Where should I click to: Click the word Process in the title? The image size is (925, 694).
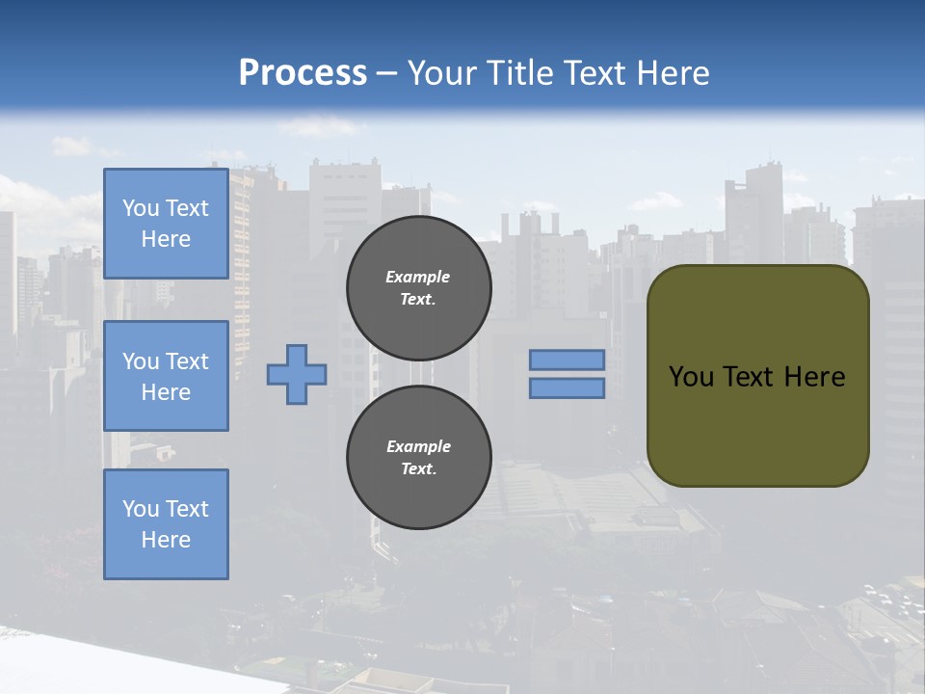click(303, 73)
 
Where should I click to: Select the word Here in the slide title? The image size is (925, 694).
click(671, 73)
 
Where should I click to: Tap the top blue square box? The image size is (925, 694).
click(166, 224)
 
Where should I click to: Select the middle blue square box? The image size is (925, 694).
click(166, 376)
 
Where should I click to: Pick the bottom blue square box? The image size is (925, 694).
click(166, 524)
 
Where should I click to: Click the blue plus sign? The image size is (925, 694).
click(297, 374)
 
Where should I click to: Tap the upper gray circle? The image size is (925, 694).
click(418, 288)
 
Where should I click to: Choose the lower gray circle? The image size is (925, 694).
click(418, 458)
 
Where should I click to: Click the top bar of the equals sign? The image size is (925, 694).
click(567, 360)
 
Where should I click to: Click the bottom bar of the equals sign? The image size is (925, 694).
click(567, 388)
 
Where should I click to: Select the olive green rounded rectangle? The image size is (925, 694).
click(758, 424)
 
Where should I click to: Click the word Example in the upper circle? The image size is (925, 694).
click(417, 277)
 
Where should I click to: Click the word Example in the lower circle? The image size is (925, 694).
click(418, 446)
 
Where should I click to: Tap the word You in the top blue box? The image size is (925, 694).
click(140, 208)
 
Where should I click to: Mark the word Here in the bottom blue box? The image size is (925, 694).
click(166, 540)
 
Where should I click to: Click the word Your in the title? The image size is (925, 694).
click(440, 73)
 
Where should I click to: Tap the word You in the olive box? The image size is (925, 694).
click(691, 377)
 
